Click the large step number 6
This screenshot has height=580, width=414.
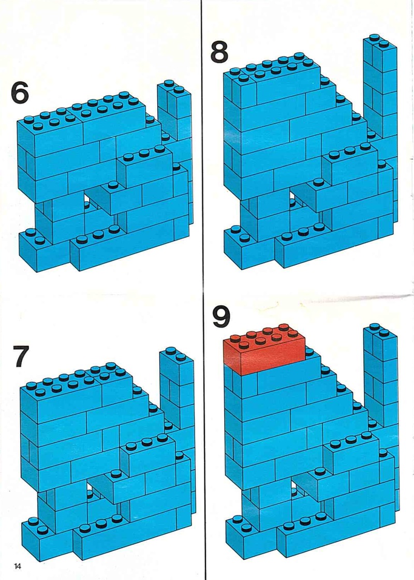20,92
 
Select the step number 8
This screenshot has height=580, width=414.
219,52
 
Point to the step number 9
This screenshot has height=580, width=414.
221,316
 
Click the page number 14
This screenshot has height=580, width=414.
18,566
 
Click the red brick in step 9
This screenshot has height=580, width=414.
264,349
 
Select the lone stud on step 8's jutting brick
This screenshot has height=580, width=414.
319,182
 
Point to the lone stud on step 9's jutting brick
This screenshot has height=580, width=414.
320,470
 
